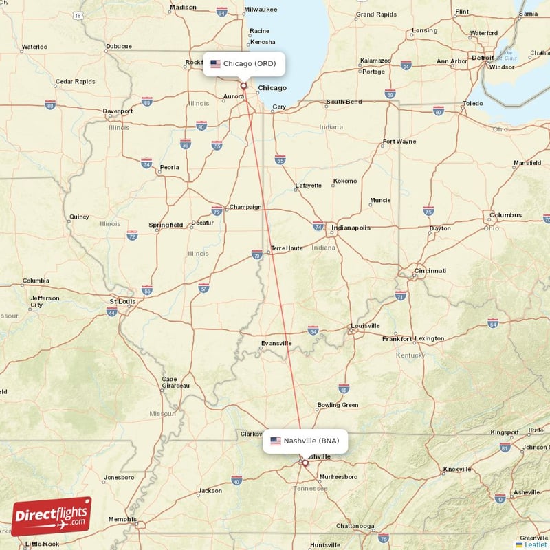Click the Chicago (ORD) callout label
[x=243, y=64]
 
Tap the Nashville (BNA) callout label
[x=305, y=441]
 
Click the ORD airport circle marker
[x=243, y=86]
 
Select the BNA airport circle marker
[x=305, y=463]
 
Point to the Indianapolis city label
[x=351, y=228]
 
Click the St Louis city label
[x=123, y=301]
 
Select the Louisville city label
[x=365, y=326]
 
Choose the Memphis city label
[x=122, y=519]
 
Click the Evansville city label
[x=276, y=343]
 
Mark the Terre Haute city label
[x=287, y=248]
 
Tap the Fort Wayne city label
[x=399, y=142]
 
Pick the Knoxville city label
[x=457, y=469]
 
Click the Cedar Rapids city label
[x=76, y=82]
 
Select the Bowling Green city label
[x=338, y=405]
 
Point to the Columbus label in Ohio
[x=505, y=215]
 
